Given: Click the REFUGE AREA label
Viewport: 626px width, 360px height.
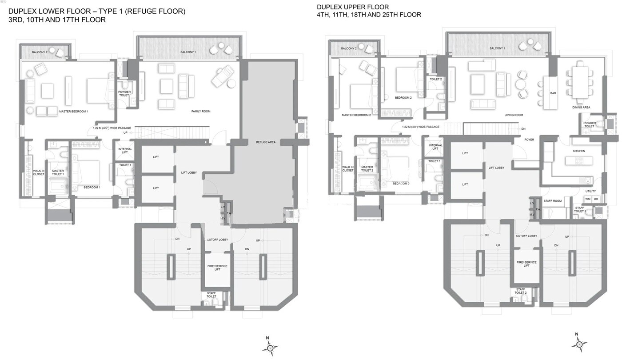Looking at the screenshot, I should pyautogui.click(x=266, y=142).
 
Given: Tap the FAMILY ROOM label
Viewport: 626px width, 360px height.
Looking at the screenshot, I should pyautogui.click(x=200, y=111).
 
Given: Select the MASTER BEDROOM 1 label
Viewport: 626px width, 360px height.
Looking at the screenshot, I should pyautogui.click(x=73, y=111).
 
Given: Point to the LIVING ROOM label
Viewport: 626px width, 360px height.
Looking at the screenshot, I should pyautogui.click(x=514, y=115).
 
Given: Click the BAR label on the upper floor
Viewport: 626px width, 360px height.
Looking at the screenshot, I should pyautogui.click(x=553, y=93).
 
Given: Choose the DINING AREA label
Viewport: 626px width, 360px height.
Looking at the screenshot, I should pyautogui.click(x=581, y=108).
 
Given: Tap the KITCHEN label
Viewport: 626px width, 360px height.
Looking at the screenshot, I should pyautogui.click(x=579, y=151).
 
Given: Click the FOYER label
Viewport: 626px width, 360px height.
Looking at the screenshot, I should pyautogui.click(x=529, y=140).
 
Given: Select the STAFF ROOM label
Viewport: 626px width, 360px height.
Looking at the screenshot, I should pyautogui.click(x=553, y=201).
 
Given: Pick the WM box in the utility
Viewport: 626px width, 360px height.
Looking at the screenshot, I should pyautogui.click(x=588, y=199).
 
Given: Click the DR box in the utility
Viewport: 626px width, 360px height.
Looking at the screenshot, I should pyautogui.click(x=596, y=199).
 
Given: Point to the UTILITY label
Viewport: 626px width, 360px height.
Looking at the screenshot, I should pyautogui.click(x=590, y=191).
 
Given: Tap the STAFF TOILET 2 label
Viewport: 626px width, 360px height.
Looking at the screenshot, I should pyautogui.click(x=520, y=291).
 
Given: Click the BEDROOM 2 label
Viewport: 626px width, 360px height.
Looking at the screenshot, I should pyautogui.click(x=403, y=98).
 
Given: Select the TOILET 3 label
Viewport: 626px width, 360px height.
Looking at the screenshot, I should pyautogui.click(x=434, y=161).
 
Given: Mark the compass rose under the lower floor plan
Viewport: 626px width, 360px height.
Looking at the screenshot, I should pyautogui.click(x=270, y=346).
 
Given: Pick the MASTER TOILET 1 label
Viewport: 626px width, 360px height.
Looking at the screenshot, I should pyautogui.click(x=58, y=172).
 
